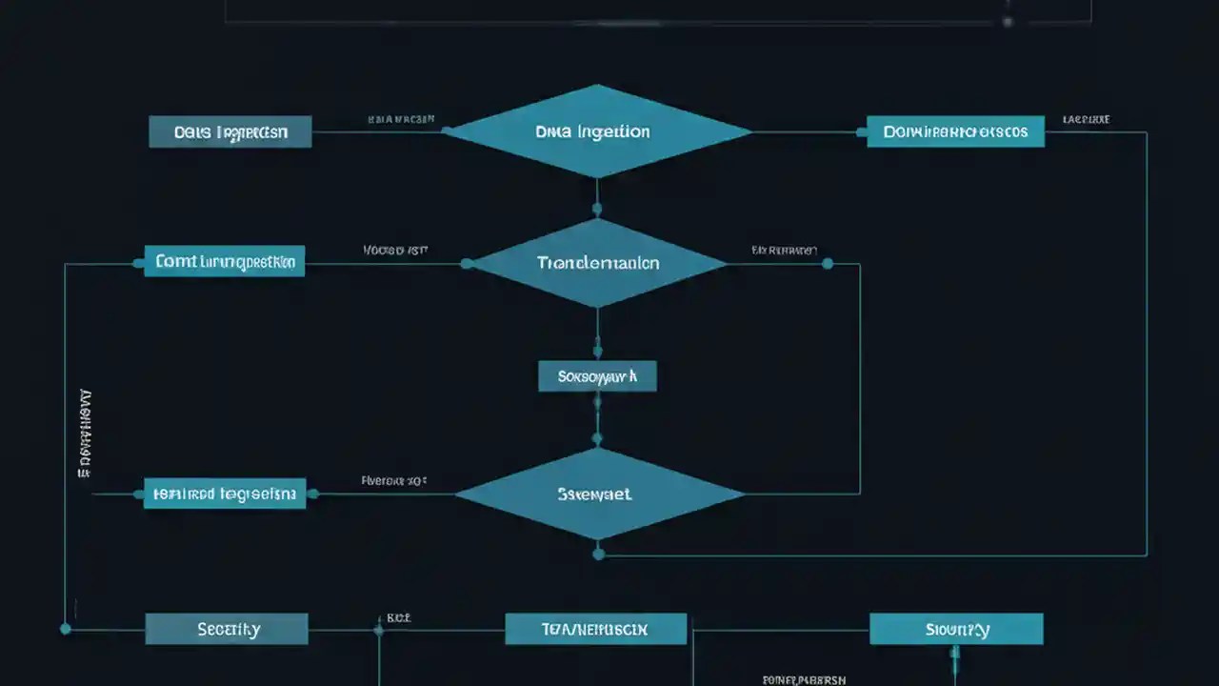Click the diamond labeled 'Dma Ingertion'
click(597, 131)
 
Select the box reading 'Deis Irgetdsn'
click(230, 131)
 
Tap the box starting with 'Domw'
click(955, 131)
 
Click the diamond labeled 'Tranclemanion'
click(597, 263)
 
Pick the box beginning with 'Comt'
click(225, 261)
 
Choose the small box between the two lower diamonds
click(597, 376)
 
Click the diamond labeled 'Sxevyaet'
click(597, 494)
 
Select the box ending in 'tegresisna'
click(225, 494)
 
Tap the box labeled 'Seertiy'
click(227, 629)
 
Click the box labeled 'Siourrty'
click(956, 629)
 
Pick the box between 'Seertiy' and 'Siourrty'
click(595, 629)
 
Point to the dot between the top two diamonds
click(597, 208)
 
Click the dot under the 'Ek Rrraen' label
click(827, 263)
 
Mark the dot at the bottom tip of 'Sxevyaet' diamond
click(598, 554)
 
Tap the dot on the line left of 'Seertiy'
click(65, 629)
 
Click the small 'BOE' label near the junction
click(398, 617)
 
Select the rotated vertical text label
click(85, 434)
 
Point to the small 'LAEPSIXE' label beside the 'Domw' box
click(1087, 121)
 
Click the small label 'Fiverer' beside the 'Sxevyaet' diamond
click(393, 481)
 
